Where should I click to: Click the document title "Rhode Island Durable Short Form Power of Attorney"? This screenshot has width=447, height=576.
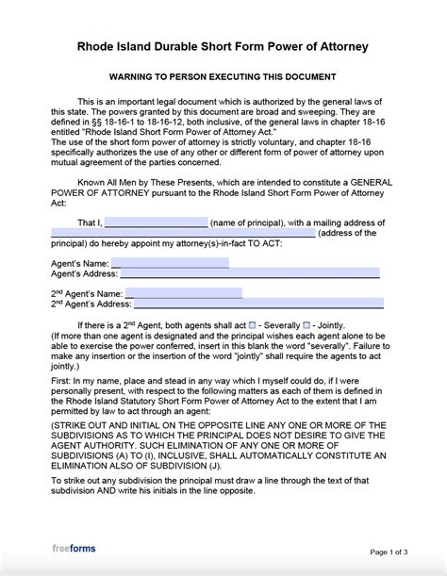pos(223,46)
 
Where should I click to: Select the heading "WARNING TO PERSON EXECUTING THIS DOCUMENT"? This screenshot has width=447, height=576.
pos(223,76)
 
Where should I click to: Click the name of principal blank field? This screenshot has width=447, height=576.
pos(156,222)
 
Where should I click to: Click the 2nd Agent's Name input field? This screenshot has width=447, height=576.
pos(183,293)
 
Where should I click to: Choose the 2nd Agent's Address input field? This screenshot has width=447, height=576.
pos(254,304)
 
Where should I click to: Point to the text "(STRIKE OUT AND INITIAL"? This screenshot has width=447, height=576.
pos(104,425)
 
